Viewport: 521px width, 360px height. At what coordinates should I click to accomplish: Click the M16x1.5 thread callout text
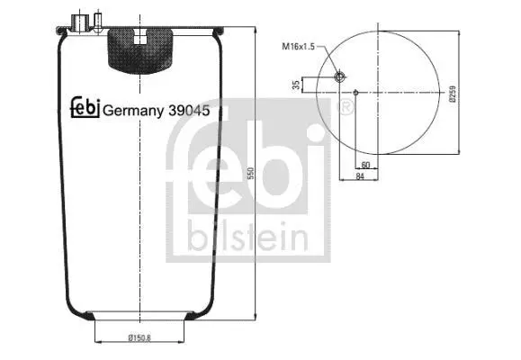[x=298, y=47]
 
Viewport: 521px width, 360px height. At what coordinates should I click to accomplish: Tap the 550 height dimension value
[x=251, y=173]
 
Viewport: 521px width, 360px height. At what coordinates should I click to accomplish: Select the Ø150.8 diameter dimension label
[x=139, y=338]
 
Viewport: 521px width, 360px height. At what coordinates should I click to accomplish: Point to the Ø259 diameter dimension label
[x=453, y=94]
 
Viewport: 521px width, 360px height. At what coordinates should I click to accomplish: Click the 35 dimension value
[x=296, y=85]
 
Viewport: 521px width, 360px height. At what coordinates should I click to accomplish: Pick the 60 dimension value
[x=365, y=165]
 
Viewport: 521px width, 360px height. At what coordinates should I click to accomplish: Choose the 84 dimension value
[x=360, y=176]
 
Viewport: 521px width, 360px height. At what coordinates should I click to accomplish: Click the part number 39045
[x=189, y=111]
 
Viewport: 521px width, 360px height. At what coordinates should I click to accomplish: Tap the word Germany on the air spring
[x=133, y=111]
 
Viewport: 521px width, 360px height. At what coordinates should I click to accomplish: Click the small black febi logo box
[x=85, y=107]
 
